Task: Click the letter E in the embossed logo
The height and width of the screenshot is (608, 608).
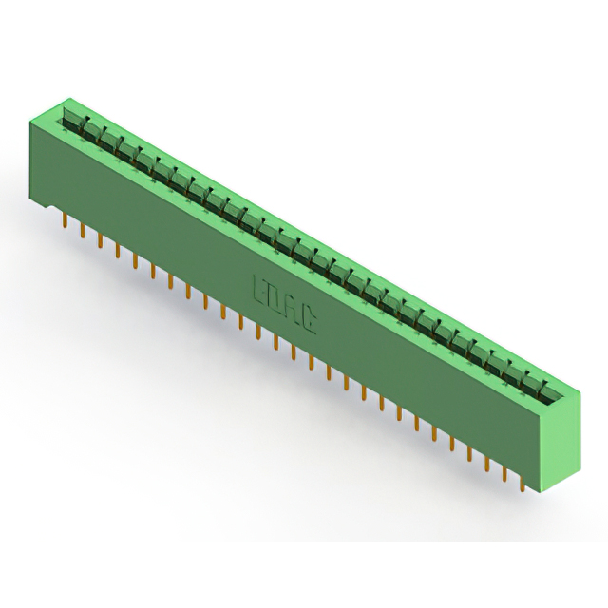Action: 259,289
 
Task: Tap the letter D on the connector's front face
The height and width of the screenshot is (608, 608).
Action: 276,298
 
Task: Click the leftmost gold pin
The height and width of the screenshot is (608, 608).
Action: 63,222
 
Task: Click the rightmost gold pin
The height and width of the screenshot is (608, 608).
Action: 523,483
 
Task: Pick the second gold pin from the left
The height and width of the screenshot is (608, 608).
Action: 81,233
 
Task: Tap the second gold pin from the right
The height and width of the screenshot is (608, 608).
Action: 505,472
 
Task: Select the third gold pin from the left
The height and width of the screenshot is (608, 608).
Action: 99,242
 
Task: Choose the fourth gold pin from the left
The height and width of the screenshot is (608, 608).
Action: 116,253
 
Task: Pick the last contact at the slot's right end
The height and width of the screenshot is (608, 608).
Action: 541,385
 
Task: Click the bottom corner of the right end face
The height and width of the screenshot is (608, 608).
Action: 543,495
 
